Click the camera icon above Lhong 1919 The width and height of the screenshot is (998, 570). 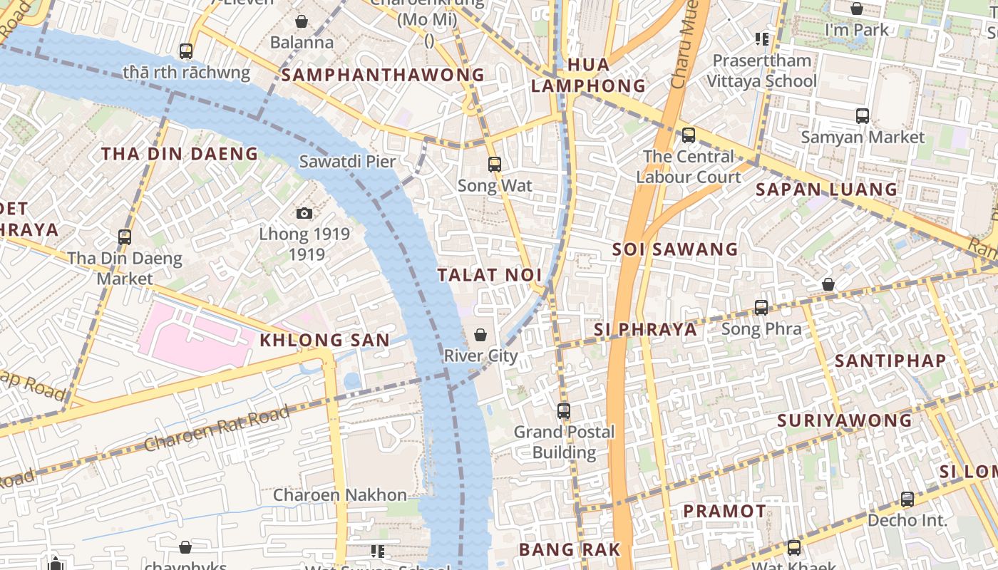point(304,213)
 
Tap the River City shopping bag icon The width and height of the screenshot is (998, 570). point(481,335)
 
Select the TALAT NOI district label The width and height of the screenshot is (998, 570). point(490,275)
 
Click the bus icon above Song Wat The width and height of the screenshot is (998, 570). point(495,165)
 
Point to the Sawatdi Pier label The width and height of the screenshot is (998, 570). point(347,162)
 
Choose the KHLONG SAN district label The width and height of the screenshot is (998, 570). point(324,341)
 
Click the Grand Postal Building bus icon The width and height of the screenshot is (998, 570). point(564,411)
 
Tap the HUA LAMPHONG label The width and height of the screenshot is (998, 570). point(589,76)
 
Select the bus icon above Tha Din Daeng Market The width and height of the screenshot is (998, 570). point(125,237)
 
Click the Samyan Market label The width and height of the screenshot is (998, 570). point(863,137)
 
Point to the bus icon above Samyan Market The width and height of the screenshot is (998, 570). point(863,115)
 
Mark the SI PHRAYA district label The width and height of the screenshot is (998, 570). point(645,329)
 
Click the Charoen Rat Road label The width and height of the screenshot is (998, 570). point(217,428)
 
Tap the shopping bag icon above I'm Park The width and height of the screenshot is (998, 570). point(857,9)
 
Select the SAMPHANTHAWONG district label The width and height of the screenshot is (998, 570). point(383,75)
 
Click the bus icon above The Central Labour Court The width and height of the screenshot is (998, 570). point(689,135)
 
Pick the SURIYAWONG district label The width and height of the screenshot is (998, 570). point(845,420)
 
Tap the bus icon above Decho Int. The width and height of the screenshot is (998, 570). point(907,499)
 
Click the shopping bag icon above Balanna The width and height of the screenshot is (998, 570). point(302,21)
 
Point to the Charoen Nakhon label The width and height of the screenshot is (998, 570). point(340,495)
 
